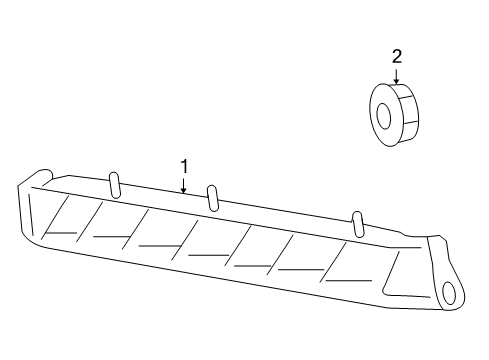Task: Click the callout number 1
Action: click(184, 166)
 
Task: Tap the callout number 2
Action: click(396, 56)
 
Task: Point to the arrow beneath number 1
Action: click(184, 185)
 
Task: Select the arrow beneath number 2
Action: click(396, 76)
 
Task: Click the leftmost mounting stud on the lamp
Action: click(114, 185)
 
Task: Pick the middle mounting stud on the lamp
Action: click(212, 198)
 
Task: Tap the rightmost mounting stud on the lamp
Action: click(358, 224)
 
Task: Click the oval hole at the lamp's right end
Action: click(449, 293)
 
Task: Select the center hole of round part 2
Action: click(383, 116)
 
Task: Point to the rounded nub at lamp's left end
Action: click(42, 176)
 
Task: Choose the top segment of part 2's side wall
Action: click(405, 91)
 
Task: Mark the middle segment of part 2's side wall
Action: click(410, 111)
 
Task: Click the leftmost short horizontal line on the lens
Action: click(61, 232)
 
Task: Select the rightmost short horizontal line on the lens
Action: click(348, 281)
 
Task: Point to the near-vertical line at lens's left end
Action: click(31, 214)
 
